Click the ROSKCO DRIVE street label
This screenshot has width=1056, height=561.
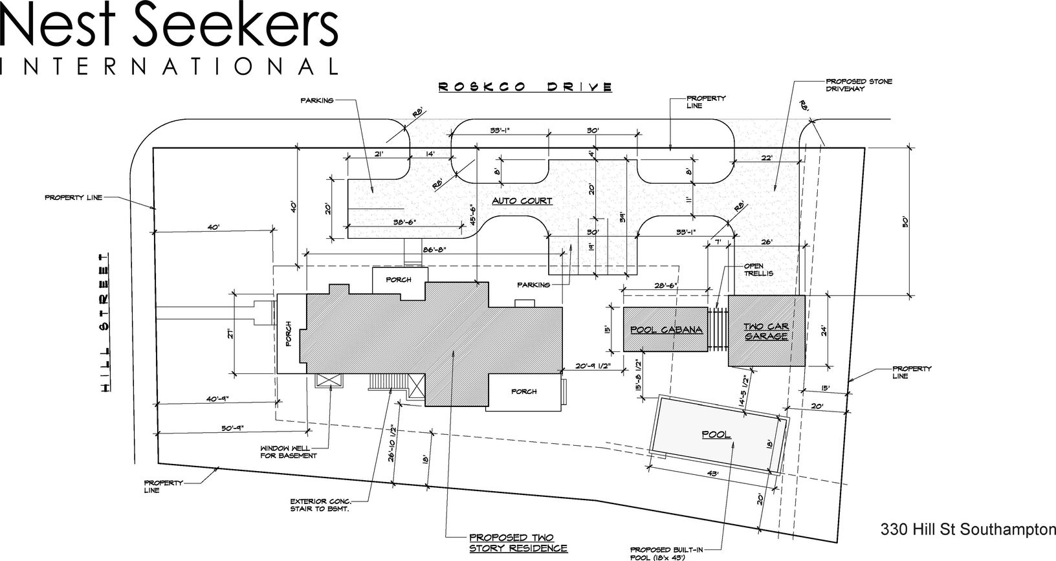click(525, 86)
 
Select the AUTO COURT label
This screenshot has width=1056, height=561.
click(522, 201)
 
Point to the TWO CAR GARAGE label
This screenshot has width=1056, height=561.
click(766, 331)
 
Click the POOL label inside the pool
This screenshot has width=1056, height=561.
click(717, 434)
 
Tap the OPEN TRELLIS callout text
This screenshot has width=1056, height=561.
click(758, 269)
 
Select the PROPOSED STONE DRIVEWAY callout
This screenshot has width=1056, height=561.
click(850, 85)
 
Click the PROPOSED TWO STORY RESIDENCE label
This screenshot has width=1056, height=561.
click(518, 543)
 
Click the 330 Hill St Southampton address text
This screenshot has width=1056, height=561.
click(967, 529)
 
